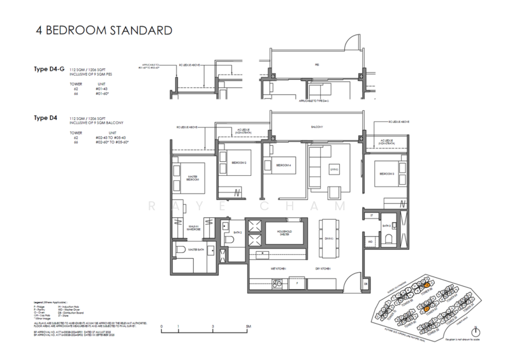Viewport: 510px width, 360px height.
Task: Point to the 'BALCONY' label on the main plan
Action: (x=317, y=127)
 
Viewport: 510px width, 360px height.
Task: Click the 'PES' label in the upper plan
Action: (x=317, y=64)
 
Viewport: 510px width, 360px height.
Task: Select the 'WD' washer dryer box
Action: (x=371, y=241)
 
